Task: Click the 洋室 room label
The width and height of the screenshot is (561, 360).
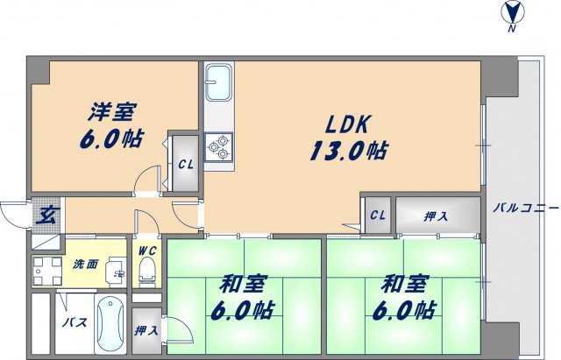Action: pyautogui.click(x=115, y=112)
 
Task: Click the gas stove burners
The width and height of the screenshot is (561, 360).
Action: pyautogui.click(x=217, y=146)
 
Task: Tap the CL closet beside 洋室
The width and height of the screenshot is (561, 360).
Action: pyautogui.click(x=185, y=164)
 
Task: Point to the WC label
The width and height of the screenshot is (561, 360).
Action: pyautogui.click(x=146, y=250)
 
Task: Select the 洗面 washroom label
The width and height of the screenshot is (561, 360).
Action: pyautogui.click(x=84, y=264)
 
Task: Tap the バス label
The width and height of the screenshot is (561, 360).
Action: pyautogui.click(x=72, y=322)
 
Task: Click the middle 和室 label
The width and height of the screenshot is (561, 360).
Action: pyautogui.click(x=236, y=286)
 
